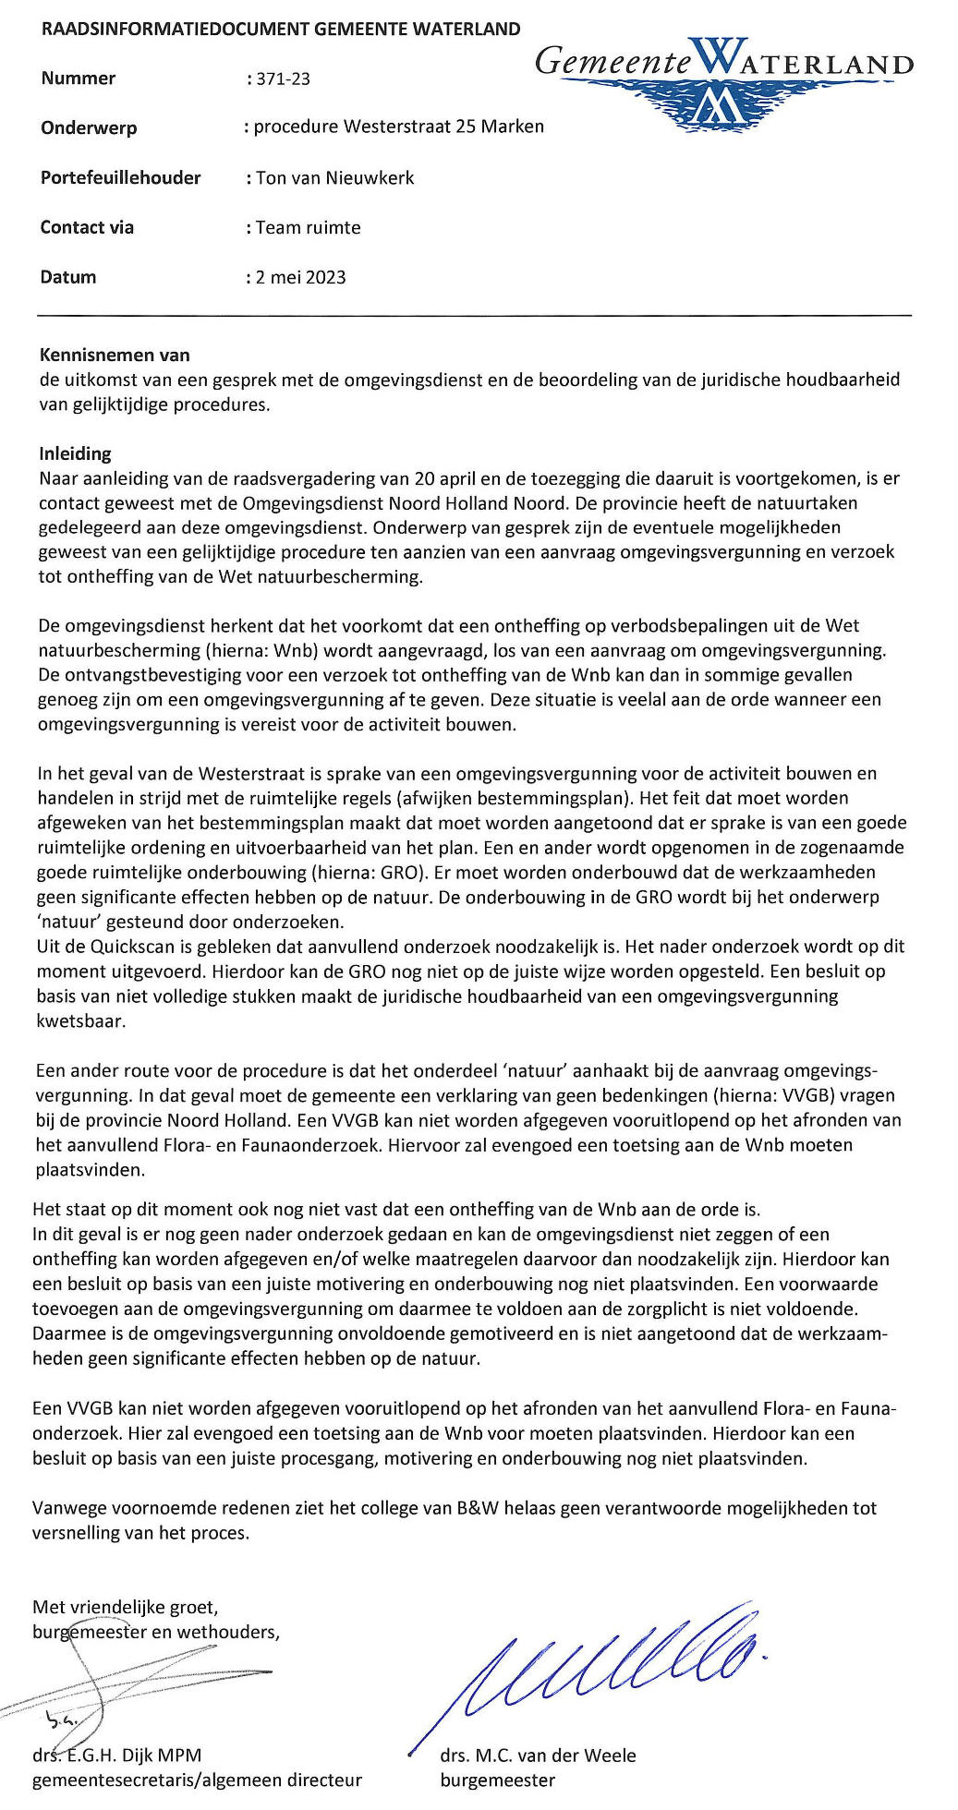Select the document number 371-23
284,79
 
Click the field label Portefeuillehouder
120,177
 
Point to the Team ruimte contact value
308,227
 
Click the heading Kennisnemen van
115,355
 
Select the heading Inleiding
75,453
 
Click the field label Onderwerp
89,127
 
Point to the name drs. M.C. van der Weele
538,1756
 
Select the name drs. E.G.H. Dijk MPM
116,1756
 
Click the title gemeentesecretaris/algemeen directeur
197,1780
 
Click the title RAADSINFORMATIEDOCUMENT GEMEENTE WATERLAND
281,29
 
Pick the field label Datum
68,277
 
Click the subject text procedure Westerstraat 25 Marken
398,127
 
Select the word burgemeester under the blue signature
497,1780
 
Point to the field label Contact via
87,227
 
